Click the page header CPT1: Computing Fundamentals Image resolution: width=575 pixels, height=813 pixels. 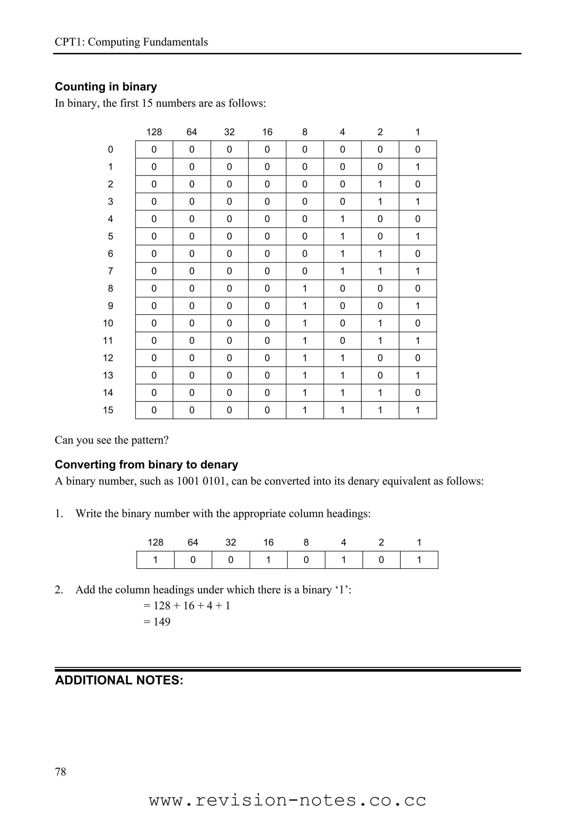pos(131,42)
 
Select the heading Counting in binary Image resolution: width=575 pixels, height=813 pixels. pos(106,87)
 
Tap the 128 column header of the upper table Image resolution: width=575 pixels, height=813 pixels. pos(154,132)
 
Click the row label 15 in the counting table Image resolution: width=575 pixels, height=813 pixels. pos(108,410)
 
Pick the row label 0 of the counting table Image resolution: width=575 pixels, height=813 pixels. pos(111,150)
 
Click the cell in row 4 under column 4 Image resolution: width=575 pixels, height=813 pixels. pos(342,219)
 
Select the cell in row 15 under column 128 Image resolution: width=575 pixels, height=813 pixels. pos(154,410)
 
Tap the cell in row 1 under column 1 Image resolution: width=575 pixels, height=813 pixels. pos(418,167)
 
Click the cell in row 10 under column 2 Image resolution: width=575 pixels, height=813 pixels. pos(380,323)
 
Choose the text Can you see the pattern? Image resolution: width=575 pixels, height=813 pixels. pos(111,440)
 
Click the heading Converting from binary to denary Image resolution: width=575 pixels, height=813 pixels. pos(146,465)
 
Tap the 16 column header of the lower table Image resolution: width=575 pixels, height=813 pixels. pos(268,543)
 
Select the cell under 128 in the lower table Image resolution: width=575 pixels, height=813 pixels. pos(155,560)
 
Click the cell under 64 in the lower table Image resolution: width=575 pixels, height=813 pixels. pos(193,560)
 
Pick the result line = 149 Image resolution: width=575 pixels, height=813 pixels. pos(157,622)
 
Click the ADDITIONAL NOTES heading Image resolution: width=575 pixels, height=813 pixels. pos(119,680)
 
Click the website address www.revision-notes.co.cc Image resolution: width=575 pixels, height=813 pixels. pos(287,800)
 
